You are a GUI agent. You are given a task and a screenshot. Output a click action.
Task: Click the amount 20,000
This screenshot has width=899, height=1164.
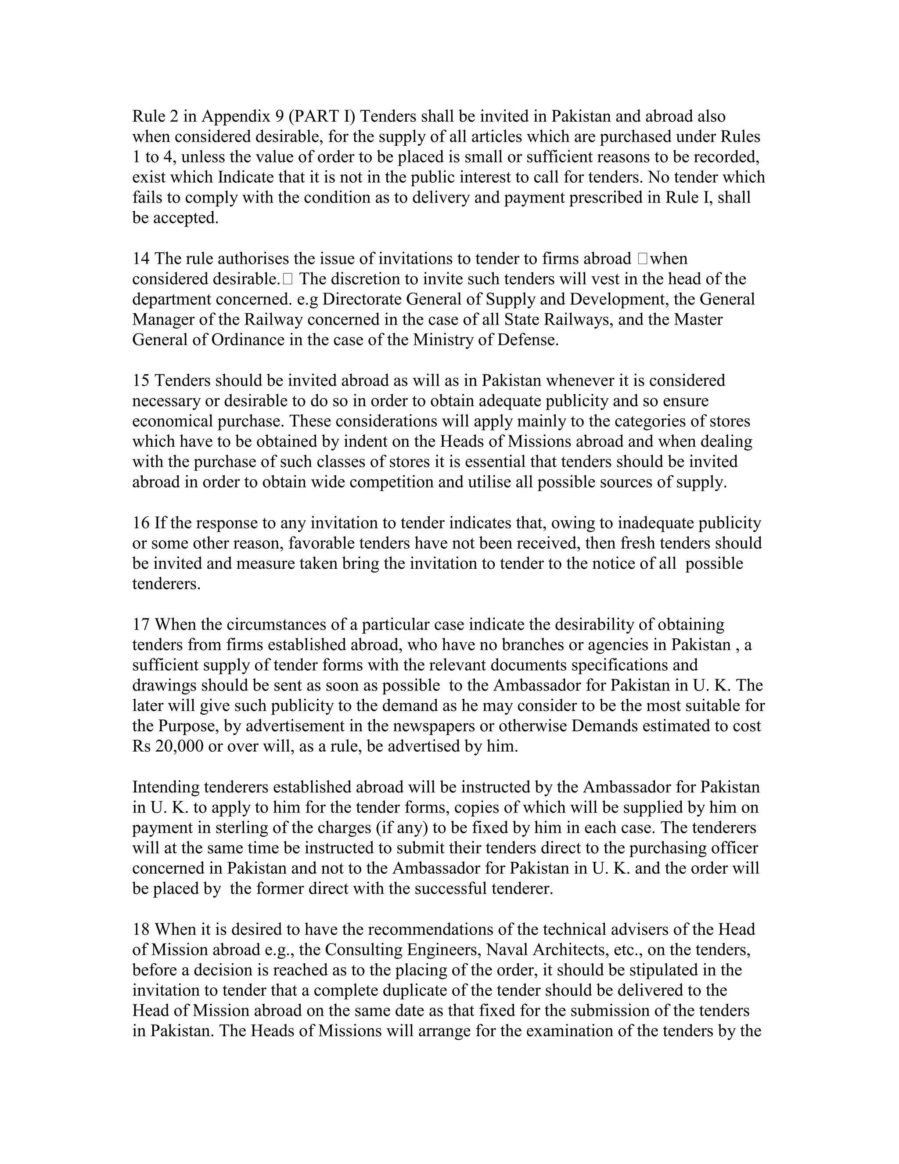click(180, 746)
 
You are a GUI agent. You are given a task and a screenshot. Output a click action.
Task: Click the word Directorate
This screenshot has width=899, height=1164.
click(362, 300)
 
